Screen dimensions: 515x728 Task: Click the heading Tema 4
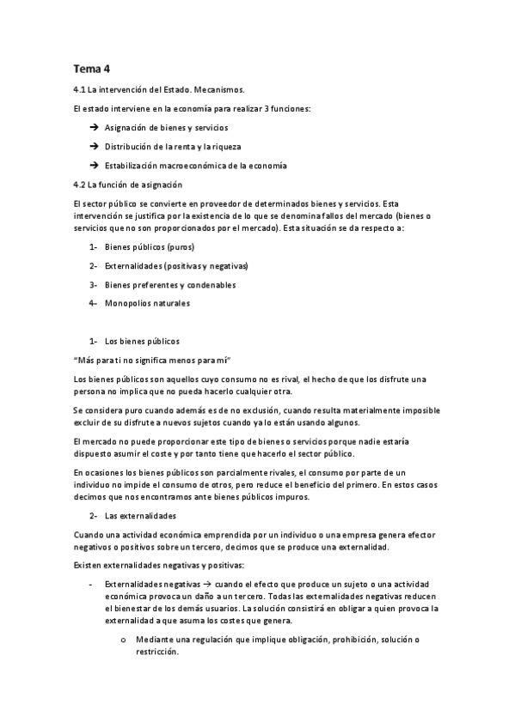point(93,68)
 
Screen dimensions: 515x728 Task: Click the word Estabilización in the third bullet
point(132,166)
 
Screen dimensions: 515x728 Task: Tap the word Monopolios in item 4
point(129,303)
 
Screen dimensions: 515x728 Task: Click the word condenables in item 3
point(212,284)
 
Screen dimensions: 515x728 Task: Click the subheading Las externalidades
point(140,515)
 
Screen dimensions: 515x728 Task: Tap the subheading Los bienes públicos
point(142,341)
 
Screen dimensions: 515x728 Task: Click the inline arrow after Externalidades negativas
point(194,583)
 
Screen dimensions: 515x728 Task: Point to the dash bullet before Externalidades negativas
point(92,583)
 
